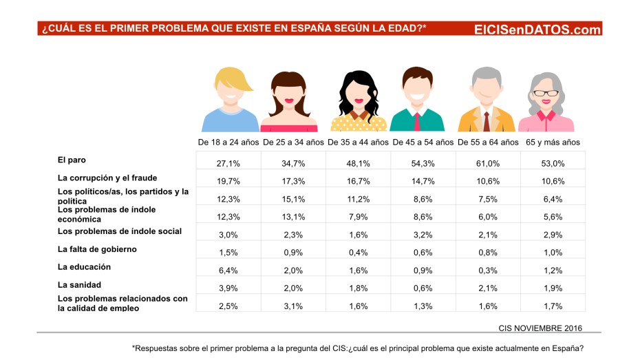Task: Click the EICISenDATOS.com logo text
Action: pyautogui.click(x=537, y=29)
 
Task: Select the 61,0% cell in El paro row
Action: pyautogui.click(x=488, y=163)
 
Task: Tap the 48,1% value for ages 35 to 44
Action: pyautogui.click(x=359, y=163)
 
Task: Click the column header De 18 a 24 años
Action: pyautogui.click(x=228, y=142)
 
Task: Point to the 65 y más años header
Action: pyautogui.click(x=553, y=142)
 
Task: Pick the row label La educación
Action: pyautogui.click(x=84, y=267)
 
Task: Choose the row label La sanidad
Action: pyautogui.click(x=80, y=284)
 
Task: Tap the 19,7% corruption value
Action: pyautogui.click(x=228, y=181)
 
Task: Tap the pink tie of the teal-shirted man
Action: pyautogui.click(x=417, y=122)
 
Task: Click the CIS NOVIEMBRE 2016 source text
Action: pyautogui.click(x=540, y=328)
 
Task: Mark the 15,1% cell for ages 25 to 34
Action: pyautogui.click(x=293, y=199)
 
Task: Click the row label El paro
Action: pyautogui.click(x=72, y=160)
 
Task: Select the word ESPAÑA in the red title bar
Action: pyautogui.click(x=271, y=28)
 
